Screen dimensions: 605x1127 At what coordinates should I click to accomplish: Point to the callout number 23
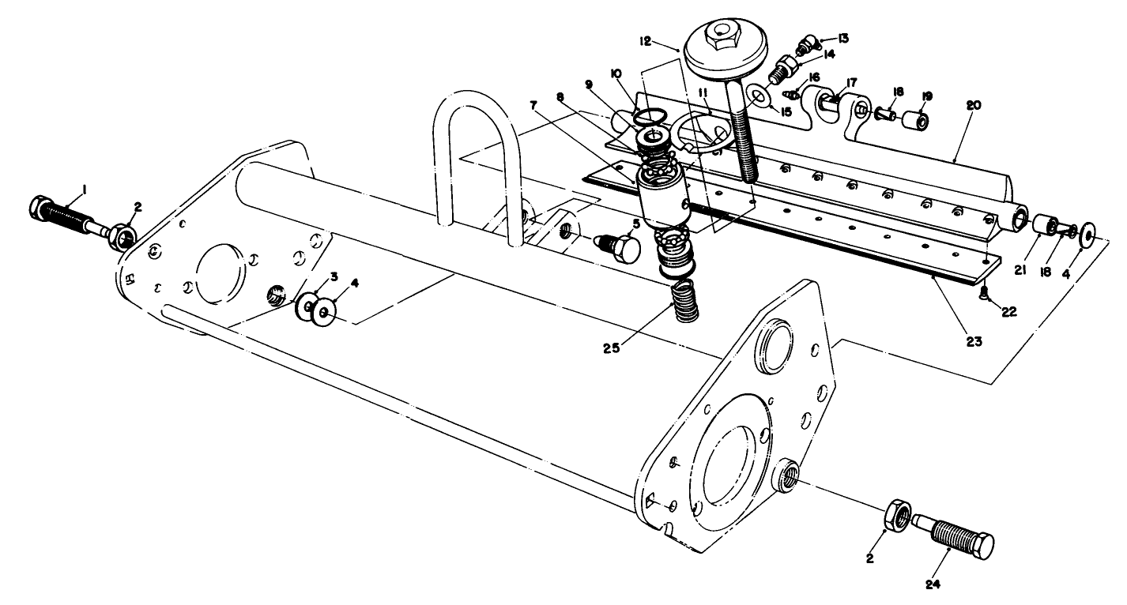[x=973, y=341]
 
